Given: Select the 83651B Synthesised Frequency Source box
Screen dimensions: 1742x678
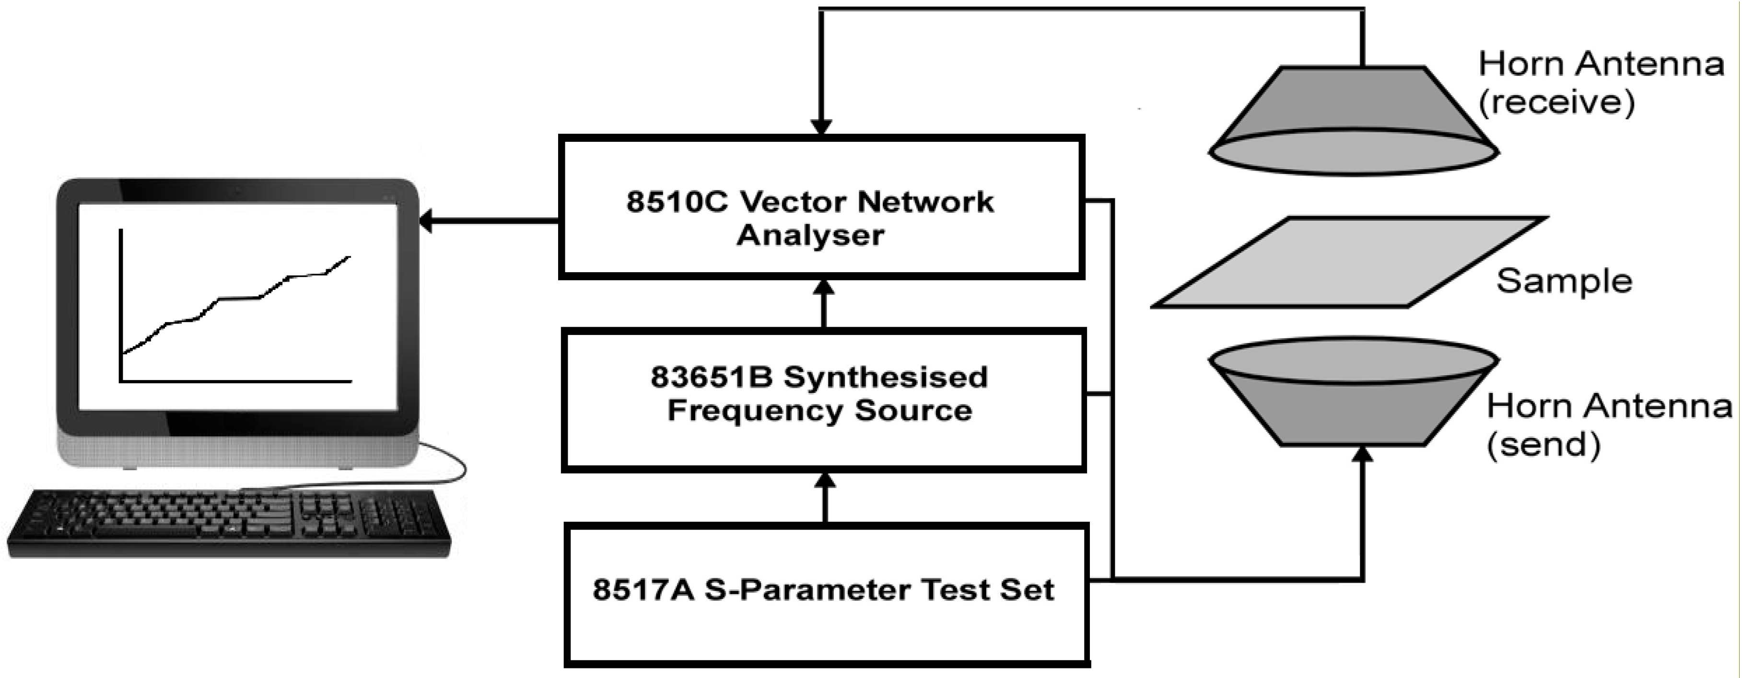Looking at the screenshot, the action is click(824, 400).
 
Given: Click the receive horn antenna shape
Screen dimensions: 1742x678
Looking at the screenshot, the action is click(1353, 120).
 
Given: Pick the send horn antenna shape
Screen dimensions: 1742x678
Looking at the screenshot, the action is click(1353, 392).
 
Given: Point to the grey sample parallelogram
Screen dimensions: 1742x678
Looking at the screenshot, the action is click(1350, 262).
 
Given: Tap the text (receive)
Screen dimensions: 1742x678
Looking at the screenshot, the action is click(1557, 103).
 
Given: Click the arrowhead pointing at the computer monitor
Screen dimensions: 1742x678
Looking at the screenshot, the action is click(426, 221).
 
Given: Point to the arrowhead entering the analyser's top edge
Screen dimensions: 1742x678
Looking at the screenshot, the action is click(821, 127).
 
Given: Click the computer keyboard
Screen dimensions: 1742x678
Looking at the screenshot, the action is click(229, 524).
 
